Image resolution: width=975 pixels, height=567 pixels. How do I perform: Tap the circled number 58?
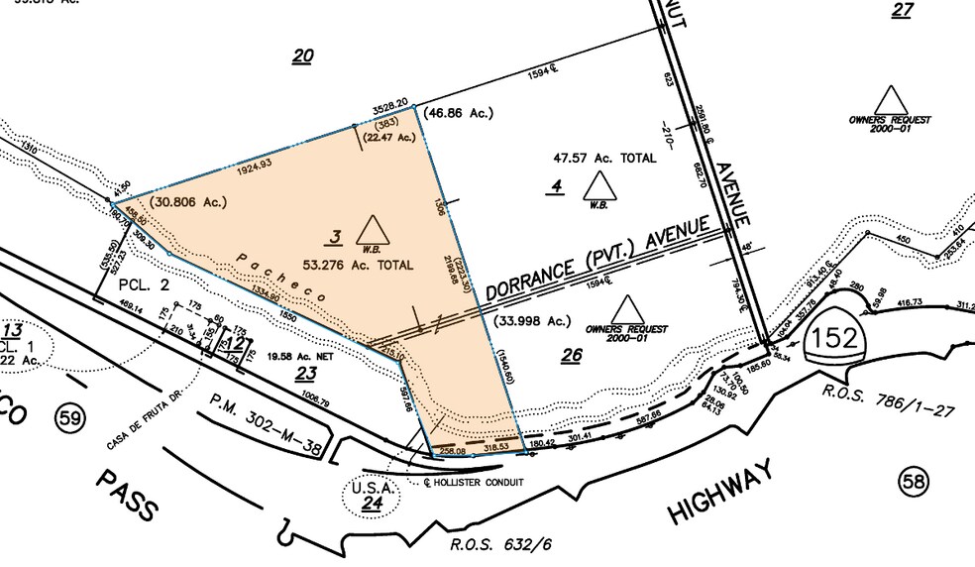coord(913,482)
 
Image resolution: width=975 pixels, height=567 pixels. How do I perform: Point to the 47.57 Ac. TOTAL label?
coord(603,158)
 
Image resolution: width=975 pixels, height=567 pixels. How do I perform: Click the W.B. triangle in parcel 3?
coord(373,228)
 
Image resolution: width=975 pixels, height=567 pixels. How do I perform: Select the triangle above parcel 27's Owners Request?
coord(890,99)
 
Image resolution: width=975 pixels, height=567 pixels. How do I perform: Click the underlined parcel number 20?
coord(302,57)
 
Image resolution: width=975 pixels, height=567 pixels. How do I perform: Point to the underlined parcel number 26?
coord(571,357)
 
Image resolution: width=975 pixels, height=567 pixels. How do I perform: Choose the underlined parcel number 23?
coord(305,374)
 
